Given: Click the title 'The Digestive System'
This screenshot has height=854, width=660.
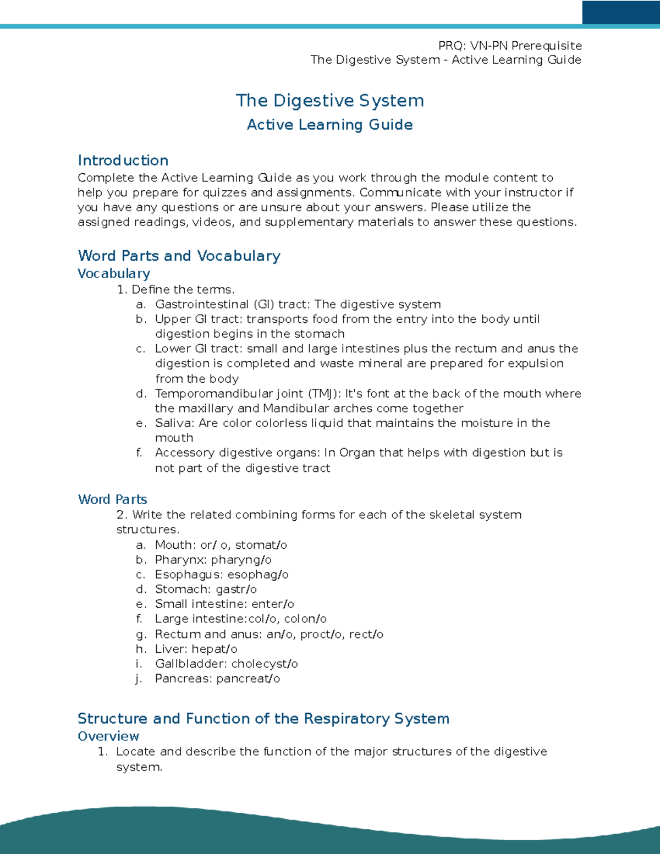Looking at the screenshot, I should [x=330, y=101].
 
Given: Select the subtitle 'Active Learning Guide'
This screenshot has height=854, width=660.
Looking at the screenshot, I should [x=330, y=125].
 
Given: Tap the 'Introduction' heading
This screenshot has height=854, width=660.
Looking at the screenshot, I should [x=123, y=161].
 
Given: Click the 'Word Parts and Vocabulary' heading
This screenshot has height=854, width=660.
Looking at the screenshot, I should [x=179, y=256].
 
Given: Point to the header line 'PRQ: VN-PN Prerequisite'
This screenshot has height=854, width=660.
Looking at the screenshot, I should [x=510, y=46].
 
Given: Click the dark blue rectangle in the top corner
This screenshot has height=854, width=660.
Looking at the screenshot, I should [x=621, y=12].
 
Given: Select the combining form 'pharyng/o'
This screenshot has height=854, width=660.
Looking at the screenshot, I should [x=241, y=560].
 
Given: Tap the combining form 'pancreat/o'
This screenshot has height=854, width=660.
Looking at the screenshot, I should [x=248, y=679].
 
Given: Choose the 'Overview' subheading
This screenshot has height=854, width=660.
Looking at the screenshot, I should [x=108, y=736].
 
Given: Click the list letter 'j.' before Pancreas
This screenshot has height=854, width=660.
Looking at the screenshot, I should [x=139, y=679].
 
